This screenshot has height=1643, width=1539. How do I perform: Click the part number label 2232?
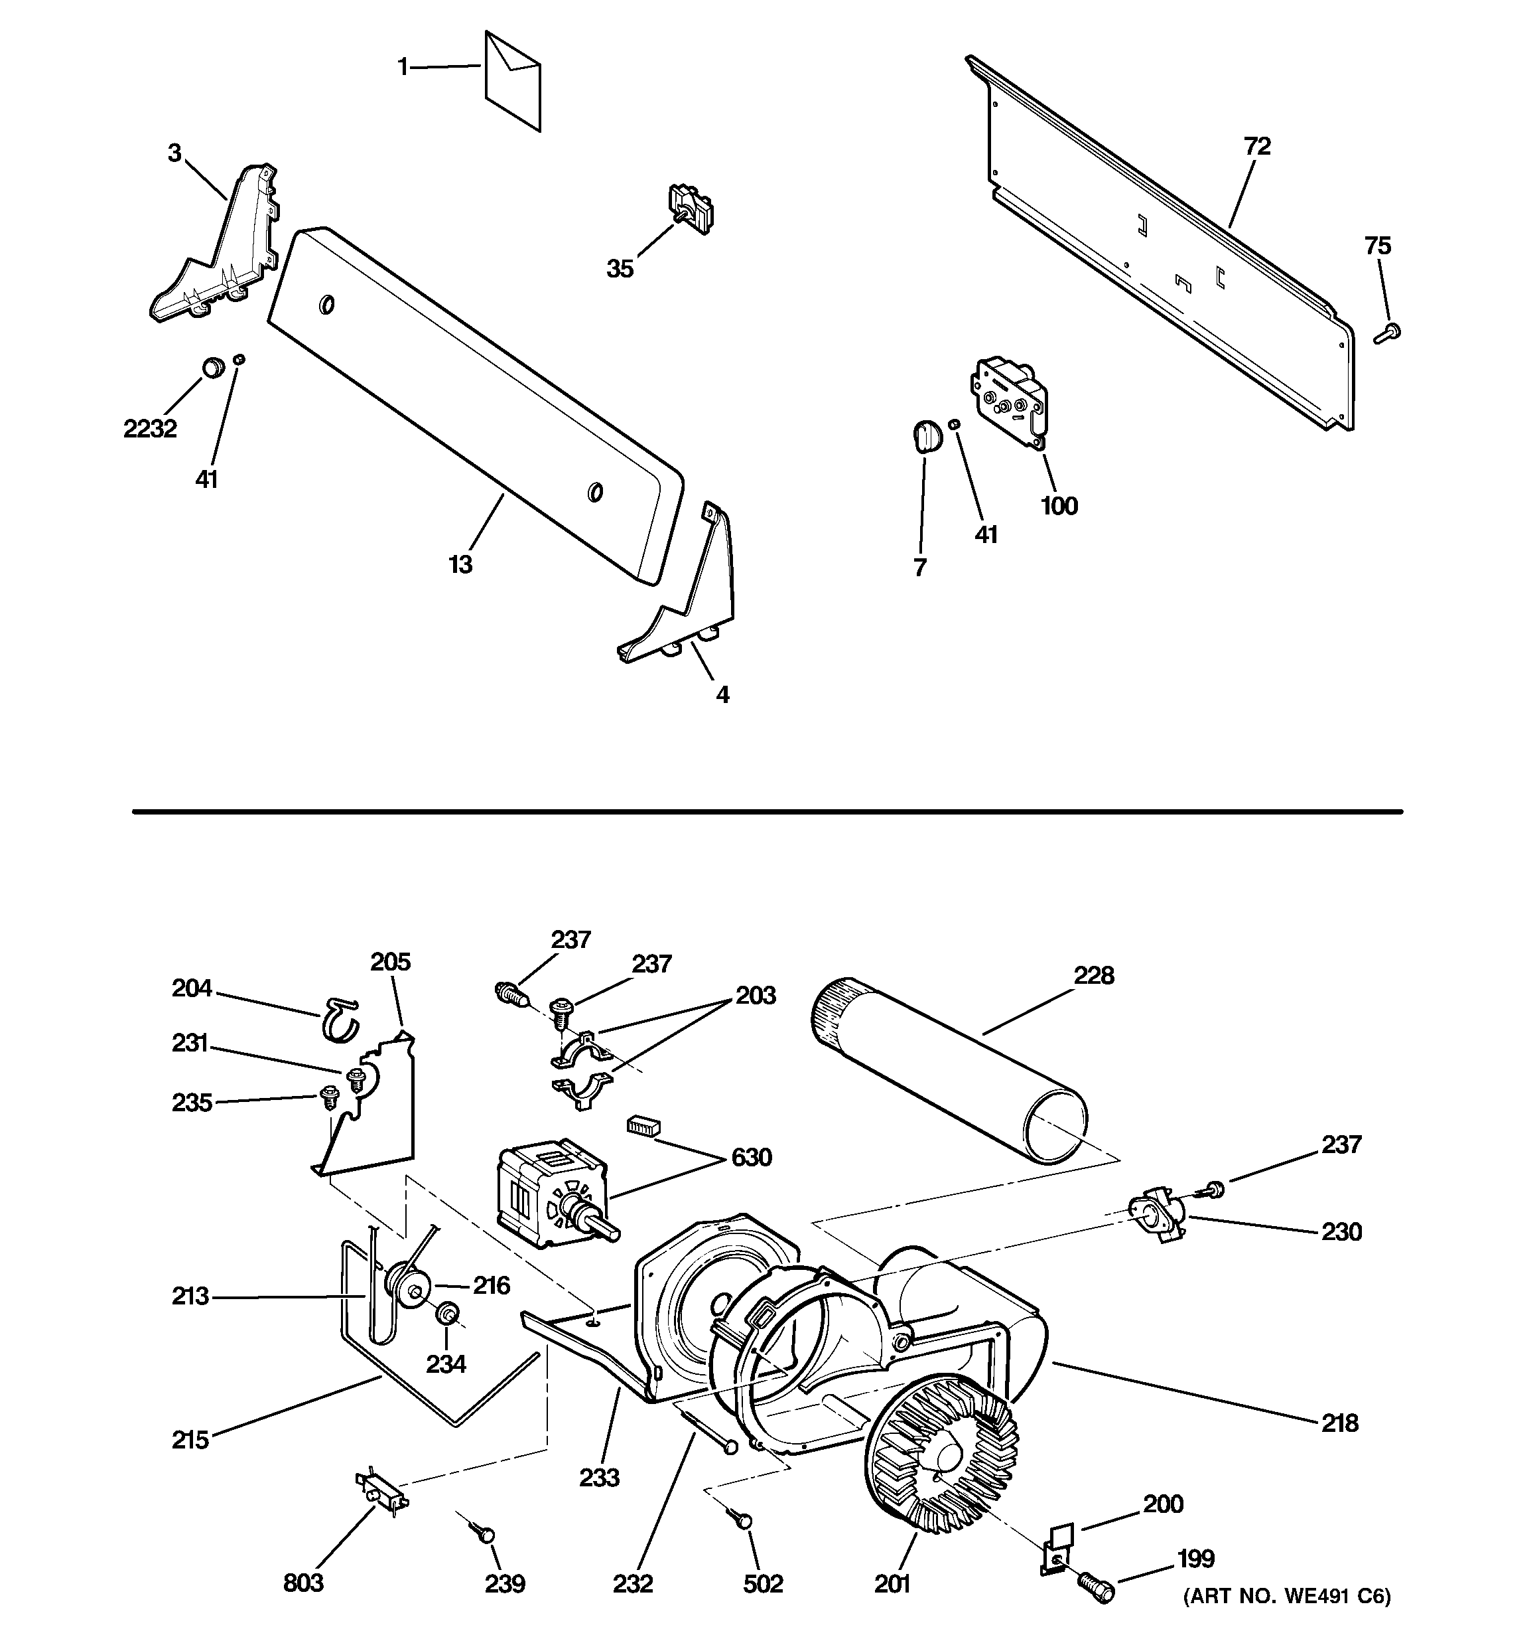[x=151, y=429]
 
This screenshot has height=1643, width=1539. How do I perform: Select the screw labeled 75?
[x=1388, y=333]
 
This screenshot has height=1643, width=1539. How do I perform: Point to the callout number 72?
[x=1256, y=146]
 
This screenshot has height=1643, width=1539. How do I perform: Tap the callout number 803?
[x=303, y=1583]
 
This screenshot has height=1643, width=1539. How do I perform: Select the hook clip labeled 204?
[x=339, y=1019]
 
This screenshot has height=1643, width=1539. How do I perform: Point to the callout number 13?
[x=460, y=564]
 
